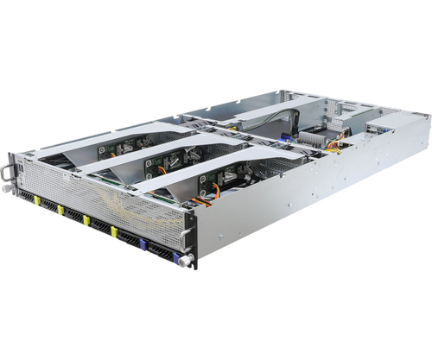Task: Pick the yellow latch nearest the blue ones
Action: pyautogui.click(x=115, y=231)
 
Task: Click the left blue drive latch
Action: pyautogui.click(x=143, y=243)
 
